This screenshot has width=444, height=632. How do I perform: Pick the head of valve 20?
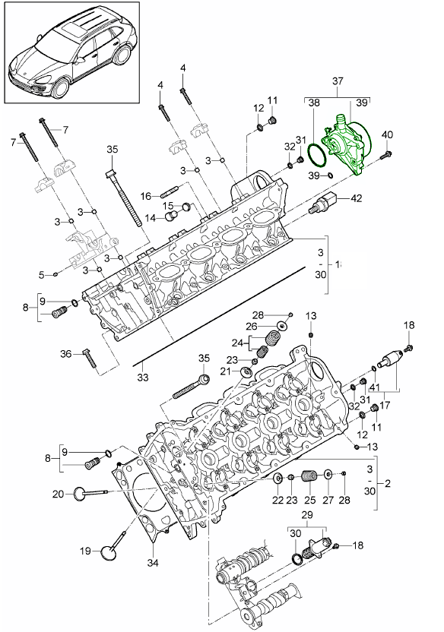point(78,494)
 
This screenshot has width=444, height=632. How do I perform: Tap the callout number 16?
point(144,195)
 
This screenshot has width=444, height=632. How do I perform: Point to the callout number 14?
point(150,219)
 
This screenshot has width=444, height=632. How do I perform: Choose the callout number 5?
point(42,274)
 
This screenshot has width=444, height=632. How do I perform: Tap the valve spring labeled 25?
point(309,476)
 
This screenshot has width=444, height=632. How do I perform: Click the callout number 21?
point(226,371)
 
